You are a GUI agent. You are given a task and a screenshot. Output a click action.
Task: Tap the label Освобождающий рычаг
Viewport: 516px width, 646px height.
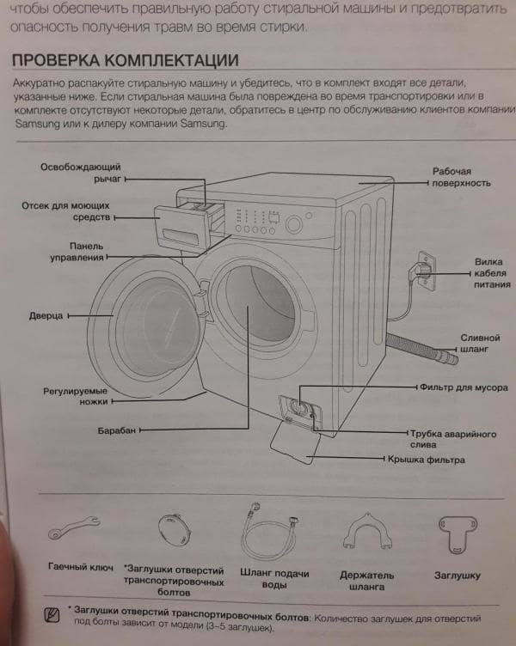pos(80,173)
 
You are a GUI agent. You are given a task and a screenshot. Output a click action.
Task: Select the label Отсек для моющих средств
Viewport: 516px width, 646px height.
pos(69,211)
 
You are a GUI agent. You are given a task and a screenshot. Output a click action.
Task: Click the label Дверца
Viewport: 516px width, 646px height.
pos(46,315)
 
